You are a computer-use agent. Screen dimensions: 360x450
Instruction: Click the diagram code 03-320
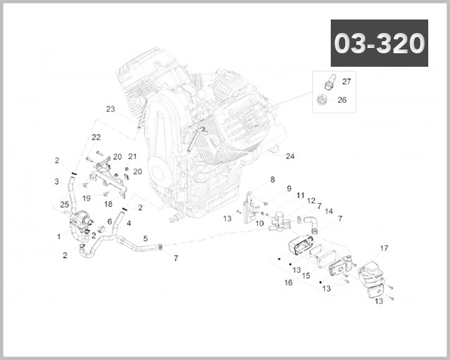[x=379, y=43]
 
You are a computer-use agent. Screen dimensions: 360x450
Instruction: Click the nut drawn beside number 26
[x=322, y=100]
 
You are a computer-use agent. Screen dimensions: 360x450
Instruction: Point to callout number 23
[x=110, y=109]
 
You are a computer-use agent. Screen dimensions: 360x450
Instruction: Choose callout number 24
[x=290, y=156]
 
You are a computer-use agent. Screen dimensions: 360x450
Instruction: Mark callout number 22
[x=96, y=137]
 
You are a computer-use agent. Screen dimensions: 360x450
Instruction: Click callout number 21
[x=132, y=156]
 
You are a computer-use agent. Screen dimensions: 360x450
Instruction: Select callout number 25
[x=64, y=205]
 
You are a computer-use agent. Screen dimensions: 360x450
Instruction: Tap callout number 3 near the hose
[x=57, y=181]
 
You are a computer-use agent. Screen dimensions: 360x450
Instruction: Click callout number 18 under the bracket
[x=108, y=204]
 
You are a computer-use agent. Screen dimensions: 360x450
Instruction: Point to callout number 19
[x=86, y=198]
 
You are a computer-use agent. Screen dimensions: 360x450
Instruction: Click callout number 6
[x=109, y=221]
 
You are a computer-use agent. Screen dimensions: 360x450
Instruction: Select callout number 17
[x=384, y=248]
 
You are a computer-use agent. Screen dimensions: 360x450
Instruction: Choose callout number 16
[x=288, y=283]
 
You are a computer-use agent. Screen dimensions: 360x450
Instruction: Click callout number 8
[x=272, y=179]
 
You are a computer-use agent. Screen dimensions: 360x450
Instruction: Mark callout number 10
[x=259, y=223]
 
